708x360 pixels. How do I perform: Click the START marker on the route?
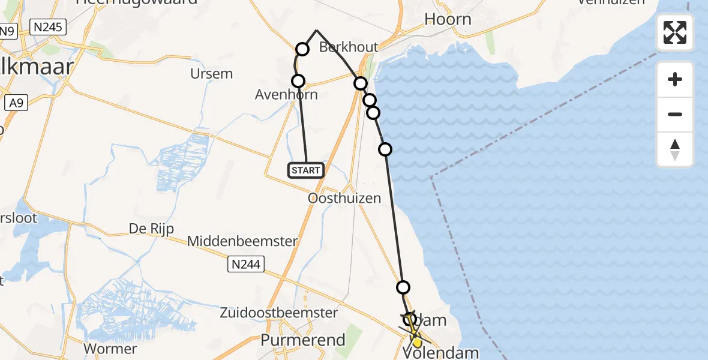tap(306, 170)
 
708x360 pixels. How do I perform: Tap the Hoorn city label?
tap(448, 19)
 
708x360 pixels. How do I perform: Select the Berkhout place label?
tap(349, 47)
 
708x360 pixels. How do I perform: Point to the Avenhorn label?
tap(286, 95)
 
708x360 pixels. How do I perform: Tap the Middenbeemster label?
tap(242, 241)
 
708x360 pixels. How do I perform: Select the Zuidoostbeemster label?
tap(278, 313)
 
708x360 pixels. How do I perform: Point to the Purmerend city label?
tap(303, 340)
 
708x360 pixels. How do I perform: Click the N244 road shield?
tap(247, 263)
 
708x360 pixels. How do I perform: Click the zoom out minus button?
tap(675, 114)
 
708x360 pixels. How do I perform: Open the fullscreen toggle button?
tap(675, 32)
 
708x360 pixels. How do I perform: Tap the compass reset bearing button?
tap(675, 149)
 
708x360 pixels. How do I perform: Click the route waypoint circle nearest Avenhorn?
tap(298, 81)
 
